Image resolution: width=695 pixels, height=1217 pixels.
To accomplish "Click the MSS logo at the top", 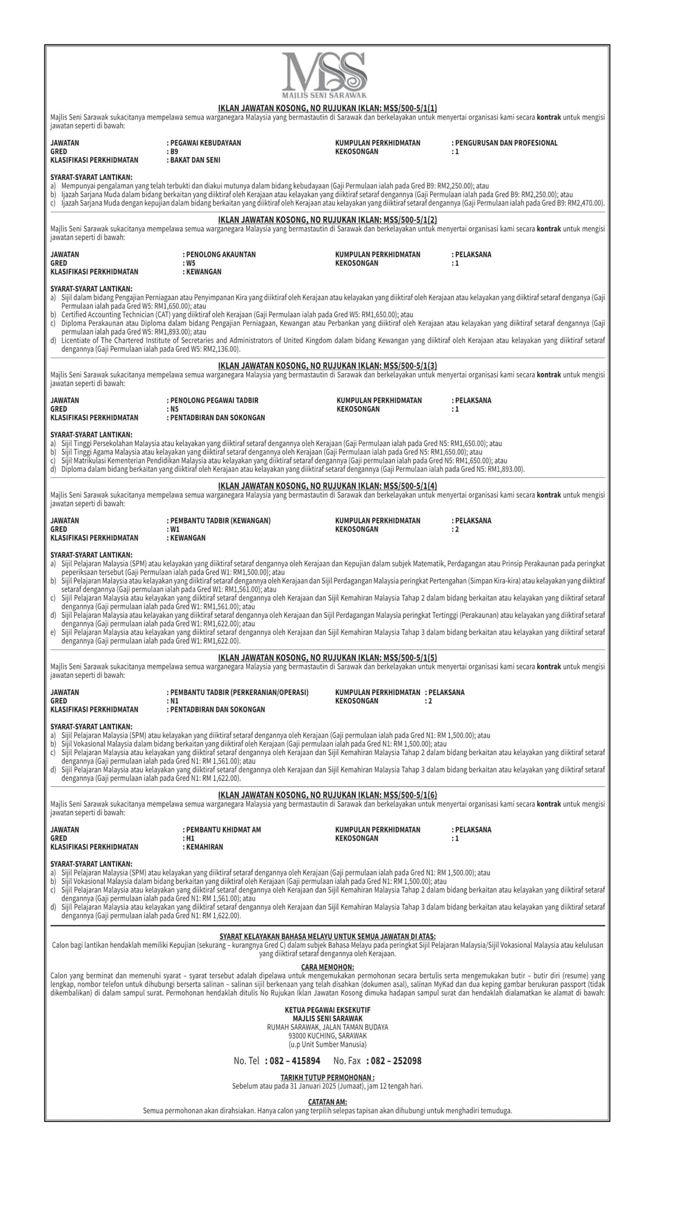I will coord(324,75).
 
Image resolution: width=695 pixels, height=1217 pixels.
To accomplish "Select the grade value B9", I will coord(174,152).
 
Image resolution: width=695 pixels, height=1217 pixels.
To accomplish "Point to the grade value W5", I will coord(191,263).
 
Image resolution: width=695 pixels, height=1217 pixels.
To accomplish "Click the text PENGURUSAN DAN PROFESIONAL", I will coord(506,143).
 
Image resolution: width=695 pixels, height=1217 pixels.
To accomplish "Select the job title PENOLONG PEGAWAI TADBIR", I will coord(215,401).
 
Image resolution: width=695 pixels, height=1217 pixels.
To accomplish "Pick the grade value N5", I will coord(174,409).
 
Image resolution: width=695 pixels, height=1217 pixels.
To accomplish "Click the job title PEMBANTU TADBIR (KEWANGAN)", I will coord(220,521).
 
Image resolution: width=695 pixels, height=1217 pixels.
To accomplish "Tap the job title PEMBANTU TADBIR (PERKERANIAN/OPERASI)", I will coord(239,692).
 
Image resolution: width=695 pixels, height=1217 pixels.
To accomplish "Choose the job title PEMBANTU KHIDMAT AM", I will coord(223,830).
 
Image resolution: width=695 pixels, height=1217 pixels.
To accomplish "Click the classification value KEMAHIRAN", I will coord(204,847).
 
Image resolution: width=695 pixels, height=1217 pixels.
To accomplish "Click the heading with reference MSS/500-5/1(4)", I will coord(327,486).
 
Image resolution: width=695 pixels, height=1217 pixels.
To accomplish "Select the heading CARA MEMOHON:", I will coord(327,967).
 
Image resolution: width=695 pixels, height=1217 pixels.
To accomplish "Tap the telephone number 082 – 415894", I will coord(292,1061).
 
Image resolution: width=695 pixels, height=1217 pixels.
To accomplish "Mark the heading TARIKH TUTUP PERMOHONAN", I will coord(327,1077).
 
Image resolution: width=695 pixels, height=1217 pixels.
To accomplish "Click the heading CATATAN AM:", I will coord(327,1102).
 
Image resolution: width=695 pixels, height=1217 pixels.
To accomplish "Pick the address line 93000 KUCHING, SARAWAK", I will coord(327,1036).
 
